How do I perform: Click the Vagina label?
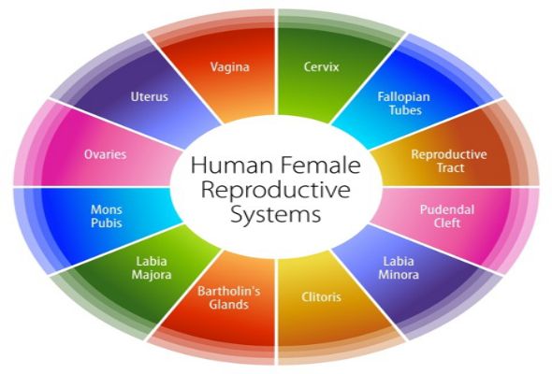click(230, 67)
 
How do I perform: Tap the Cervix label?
click(322, 66)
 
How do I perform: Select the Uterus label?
click(150, 96)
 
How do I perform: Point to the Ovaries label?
click(106, 154)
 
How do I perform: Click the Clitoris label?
click(321, 297)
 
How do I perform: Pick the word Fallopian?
click(404, 97)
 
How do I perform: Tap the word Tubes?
click(405, 110)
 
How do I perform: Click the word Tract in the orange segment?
click(451, 167)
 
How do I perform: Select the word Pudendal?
click(447, 209)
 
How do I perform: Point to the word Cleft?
click(447, 223)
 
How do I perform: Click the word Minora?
click(399, 275)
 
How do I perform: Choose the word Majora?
click(152, 275)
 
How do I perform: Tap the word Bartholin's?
click(229, 291)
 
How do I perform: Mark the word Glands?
click(229, 304)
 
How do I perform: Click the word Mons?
click(107, 209)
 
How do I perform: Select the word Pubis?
click(107, 223)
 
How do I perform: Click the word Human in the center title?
click(225, 165)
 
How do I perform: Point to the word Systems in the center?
click(276, 214)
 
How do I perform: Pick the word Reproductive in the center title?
click(276, 190)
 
